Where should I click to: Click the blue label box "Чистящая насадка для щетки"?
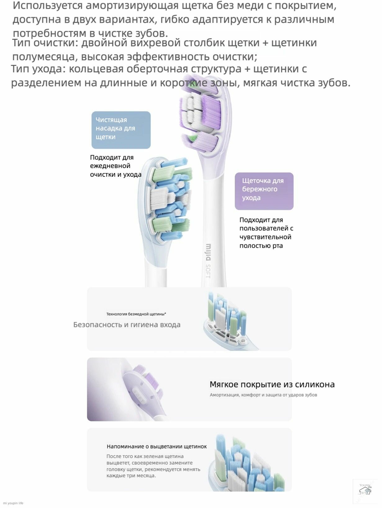click(x=121, y=130)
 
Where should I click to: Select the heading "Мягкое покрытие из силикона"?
click(x=272, y=384)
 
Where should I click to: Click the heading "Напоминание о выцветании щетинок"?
click(x=157, y=447)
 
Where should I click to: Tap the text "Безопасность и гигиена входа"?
click(x=127, y=325)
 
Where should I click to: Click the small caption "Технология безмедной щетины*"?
click(x=136, y=314)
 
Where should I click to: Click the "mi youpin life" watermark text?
click(x=13, y=503)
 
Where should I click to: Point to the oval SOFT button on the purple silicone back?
click(x=138, y=396)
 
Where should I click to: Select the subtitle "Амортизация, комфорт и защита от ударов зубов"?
click(x=263, y=395)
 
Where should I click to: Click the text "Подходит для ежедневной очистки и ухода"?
click(x=116, y=166)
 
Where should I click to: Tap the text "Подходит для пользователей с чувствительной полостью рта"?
click(x=266, y=233)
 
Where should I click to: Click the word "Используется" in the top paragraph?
click(x=48, y=6)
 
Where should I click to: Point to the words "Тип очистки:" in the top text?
click(x=45, y=43)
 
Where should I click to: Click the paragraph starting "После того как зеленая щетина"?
click(x=153, y=466)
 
